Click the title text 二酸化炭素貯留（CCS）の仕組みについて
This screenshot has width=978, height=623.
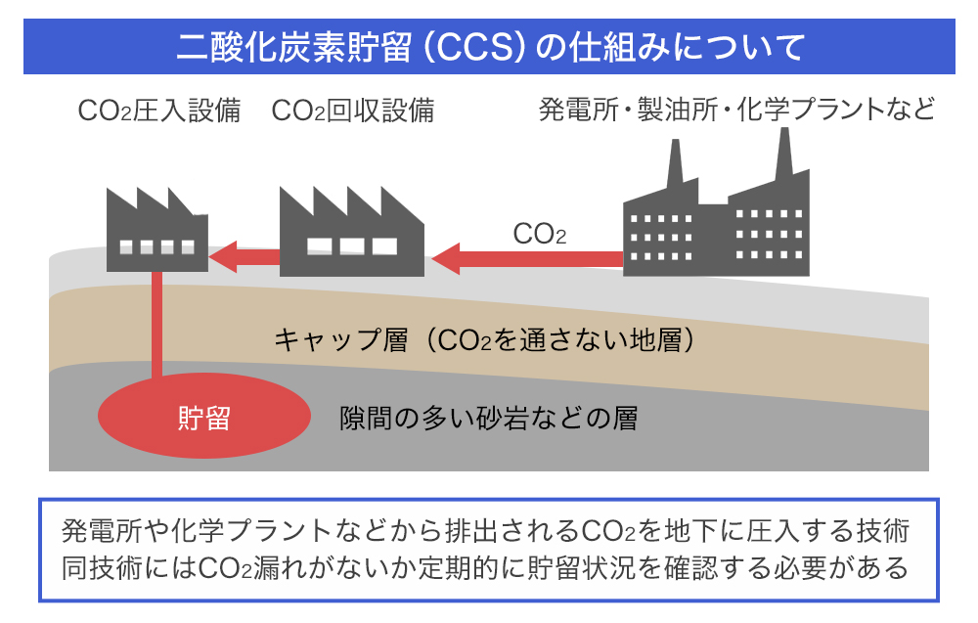pos(489,47)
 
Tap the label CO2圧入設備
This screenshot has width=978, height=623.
pos(159,111)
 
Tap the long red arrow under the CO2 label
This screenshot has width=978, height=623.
pos(528,259)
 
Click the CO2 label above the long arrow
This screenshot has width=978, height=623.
pos(540,235)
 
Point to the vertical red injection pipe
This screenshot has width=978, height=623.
pos(156,328)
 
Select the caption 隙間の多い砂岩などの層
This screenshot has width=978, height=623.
pos(488,419)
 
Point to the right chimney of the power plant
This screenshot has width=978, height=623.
pos(782,156)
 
